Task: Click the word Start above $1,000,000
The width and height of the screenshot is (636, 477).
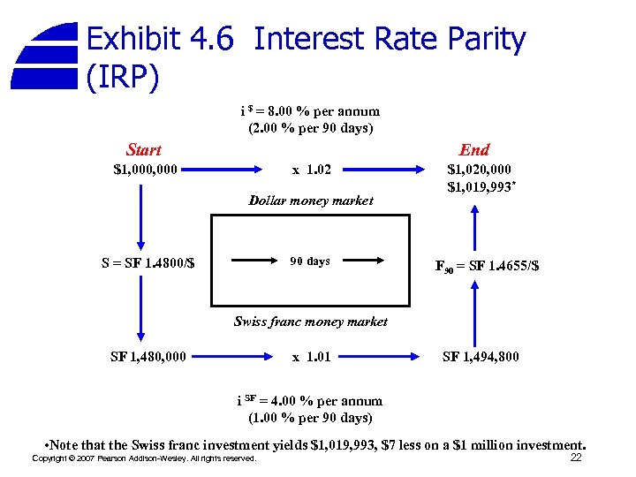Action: coord(144,150)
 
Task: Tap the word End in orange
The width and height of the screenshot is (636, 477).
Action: coord(474,150)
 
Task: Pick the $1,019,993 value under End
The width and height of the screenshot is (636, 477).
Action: coord(481,186)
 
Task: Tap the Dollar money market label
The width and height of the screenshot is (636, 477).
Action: coord(311,201)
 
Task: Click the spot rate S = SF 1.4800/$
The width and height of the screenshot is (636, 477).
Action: coord(148,261)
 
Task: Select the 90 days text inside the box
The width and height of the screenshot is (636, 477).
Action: coord(310,261)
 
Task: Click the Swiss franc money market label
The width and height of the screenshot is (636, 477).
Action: coord(310,322)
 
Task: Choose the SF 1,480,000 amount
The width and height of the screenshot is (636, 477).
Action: coord(148,357)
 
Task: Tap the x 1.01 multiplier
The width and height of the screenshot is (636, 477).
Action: coord(312,357)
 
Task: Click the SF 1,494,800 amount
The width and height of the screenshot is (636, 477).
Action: coord(481,357)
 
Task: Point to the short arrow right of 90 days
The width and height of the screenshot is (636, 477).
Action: coord(363,261)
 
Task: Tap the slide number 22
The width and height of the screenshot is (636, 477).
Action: coord(575,458)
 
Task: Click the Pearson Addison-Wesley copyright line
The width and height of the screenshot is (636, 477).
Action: coord(144,458)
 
